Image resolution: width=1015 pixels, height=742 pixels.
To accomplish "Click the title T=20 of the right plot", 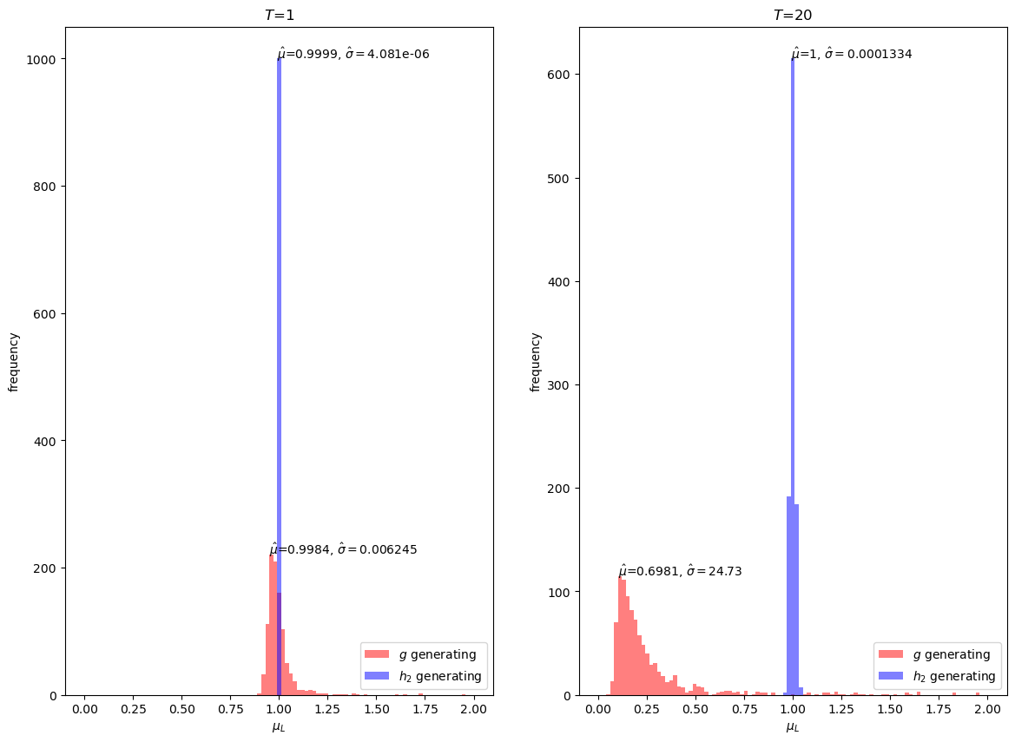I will point(793,15).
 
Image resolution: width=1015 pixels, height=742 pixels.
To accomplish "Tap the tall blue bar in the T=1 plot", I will point(279,347).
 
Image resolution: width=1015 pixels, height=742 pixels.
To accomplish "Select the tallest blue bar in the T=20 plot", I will point(793,347).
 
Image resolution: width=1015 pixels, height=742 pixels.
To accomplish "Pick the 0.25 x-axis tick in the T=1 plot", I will point(133,710).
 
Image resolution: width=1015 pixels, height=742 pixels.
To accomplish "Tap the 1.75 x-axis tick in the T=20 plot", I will point(939,710).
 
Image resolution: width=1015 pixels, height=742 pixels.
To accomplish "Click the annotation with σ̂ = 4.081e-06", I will point(353,54).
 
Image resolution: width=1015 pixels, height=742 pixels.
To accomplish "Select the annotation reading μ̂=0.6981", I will point(680,571).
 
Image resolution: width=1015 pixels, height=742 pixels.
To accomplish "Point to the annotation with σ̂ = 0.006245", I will point(344,549).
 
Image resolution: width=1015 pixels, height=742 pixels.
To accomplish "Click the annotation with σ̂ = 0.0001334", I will point(852,54).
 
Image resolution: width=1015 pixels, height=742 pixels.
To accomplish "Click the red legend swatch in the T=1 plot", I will point(378,654).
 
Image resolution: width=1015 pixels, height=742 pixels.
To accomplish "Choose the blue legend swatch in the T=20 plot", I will point(891,676).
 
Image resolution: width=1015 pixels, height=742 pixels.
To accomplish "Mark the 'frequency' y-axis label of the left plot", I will point(14,361).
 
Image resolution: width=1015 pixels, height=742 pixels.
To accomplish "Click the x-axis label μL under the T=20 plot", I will point(793,727).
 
